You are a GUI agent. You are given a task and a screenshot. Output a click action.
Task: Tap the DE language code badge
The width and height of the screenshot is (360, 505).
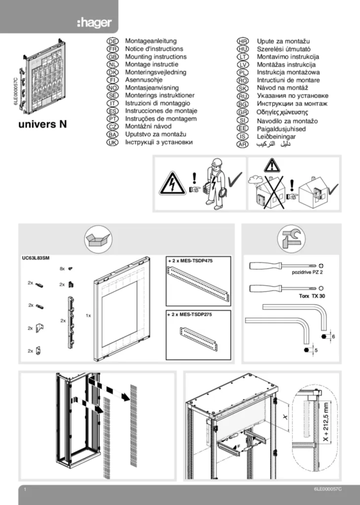click(x=112, y=41)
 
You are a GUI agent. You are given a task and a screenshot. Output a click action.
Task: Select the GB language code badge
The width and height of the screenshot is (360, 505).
click(x=112, y=57)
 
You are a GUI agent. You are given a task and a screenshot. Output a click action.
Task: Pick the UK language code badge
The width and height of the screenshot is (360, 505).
click(x=112, y=142)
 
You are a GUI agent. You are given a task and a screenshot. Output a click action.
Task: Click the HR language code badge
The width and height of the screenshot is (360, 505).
click(x=242, y=41)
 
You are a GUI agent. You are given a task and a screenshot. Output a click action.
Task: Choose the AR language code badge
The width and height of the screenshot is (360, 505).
click(x=242, y=144)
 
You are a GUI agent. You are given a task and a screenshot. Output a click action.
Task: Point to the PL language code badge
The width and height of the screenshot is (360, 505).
click(x=242, y=72)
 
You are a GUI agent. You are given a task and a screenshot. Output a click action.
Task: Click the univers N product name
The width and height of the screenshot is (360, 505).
click(x=42, y=125)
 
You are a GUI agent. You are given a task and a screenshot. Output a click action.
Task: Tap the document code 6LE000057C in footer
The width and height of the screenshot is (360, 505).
click(x=327, y=489)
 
